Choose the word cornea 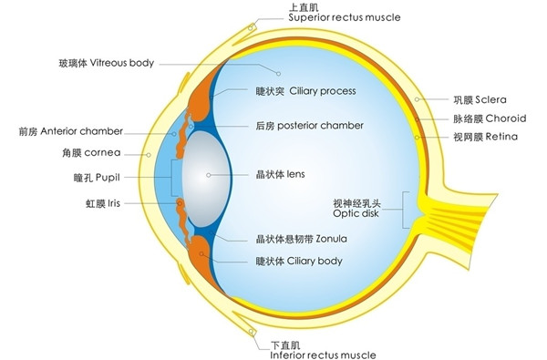click(x=105, y=154)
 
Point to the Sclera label click(x=499, y=98)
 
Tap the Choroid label click(x=505, y=118)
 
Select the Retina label click(x=501, y=137)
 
